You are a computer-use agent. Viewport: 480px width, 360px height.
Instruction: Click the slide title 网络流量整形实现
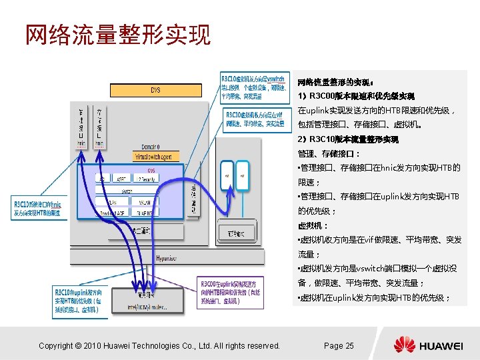(x=117, y=34)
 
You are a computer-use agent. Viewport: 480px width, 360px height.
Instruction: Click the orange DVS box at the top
(x=155, y=89)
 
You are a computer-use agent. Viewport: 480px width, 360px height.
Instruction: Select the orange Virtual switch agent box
(x=154, y=157)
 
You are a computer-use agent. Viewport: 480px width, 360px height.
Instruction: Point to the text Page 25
(x=339, y=345)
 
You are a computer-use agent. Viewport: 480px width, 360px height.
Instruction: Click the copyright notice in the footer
(x=159, y=345)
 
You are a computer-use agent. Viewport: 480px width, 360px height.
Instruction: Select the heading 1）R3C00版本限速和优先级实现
(x=356, y=96)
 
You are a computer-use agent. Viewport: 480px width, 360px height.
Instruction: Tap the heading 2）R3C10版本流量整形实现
(x=348, y=139)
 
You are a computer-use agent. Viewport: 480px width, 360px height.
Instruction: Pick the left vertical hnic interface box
(x=81, y=125)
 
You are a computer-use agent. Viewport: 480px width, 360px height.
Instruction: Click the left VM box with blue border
(x=227, y=177)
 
